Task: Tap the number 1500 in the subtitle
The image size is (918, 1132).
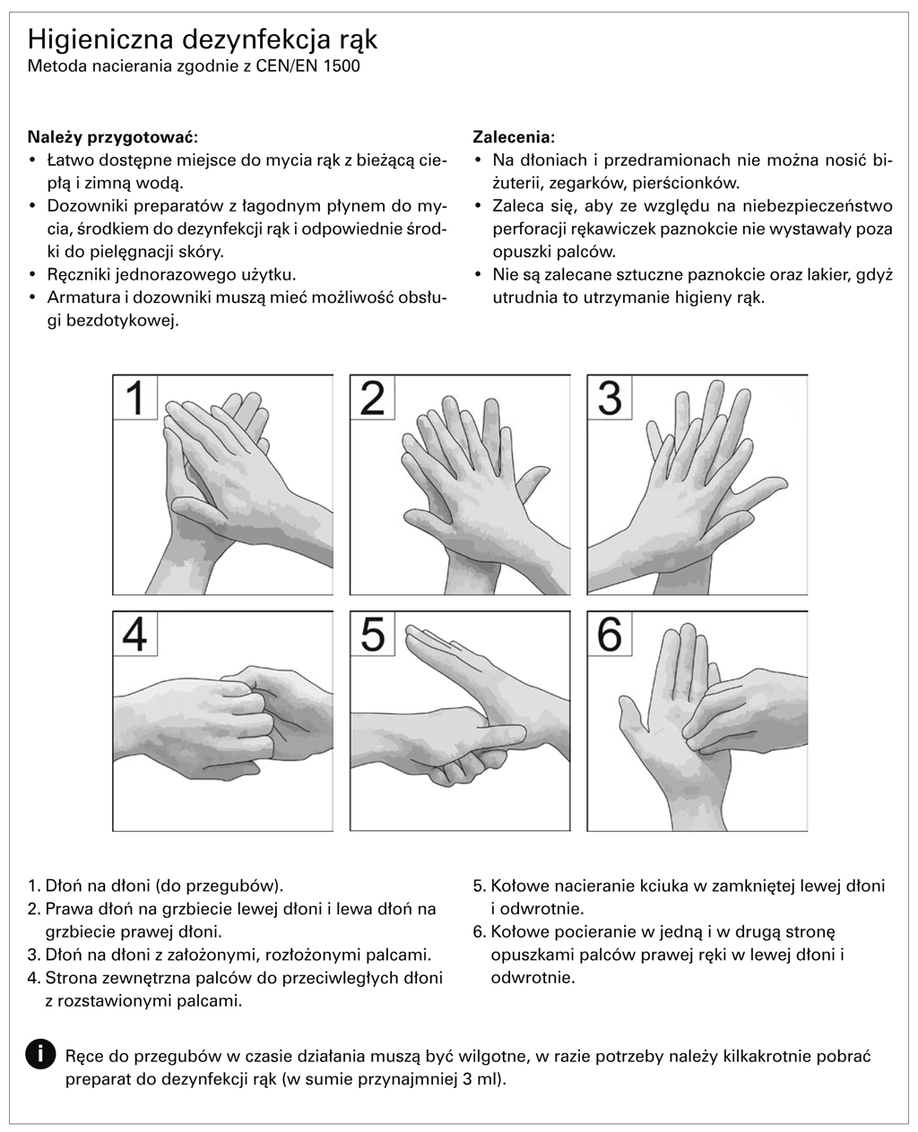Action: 341,66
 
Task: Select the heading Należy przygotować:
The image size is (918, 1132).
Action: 113,137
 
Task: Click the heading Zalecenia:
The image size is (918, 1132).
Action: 514,137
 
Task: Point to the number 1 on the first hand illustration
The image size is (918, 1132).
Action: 135,398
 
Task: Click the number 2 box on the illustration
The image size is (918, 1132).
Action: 372,398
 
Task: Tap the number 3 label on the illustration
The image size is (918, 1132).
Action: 610,398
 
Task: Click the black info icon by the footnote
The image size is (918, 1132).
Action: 40,1053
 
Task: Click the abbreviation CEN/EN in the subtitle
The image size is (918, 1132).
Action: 287,66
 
